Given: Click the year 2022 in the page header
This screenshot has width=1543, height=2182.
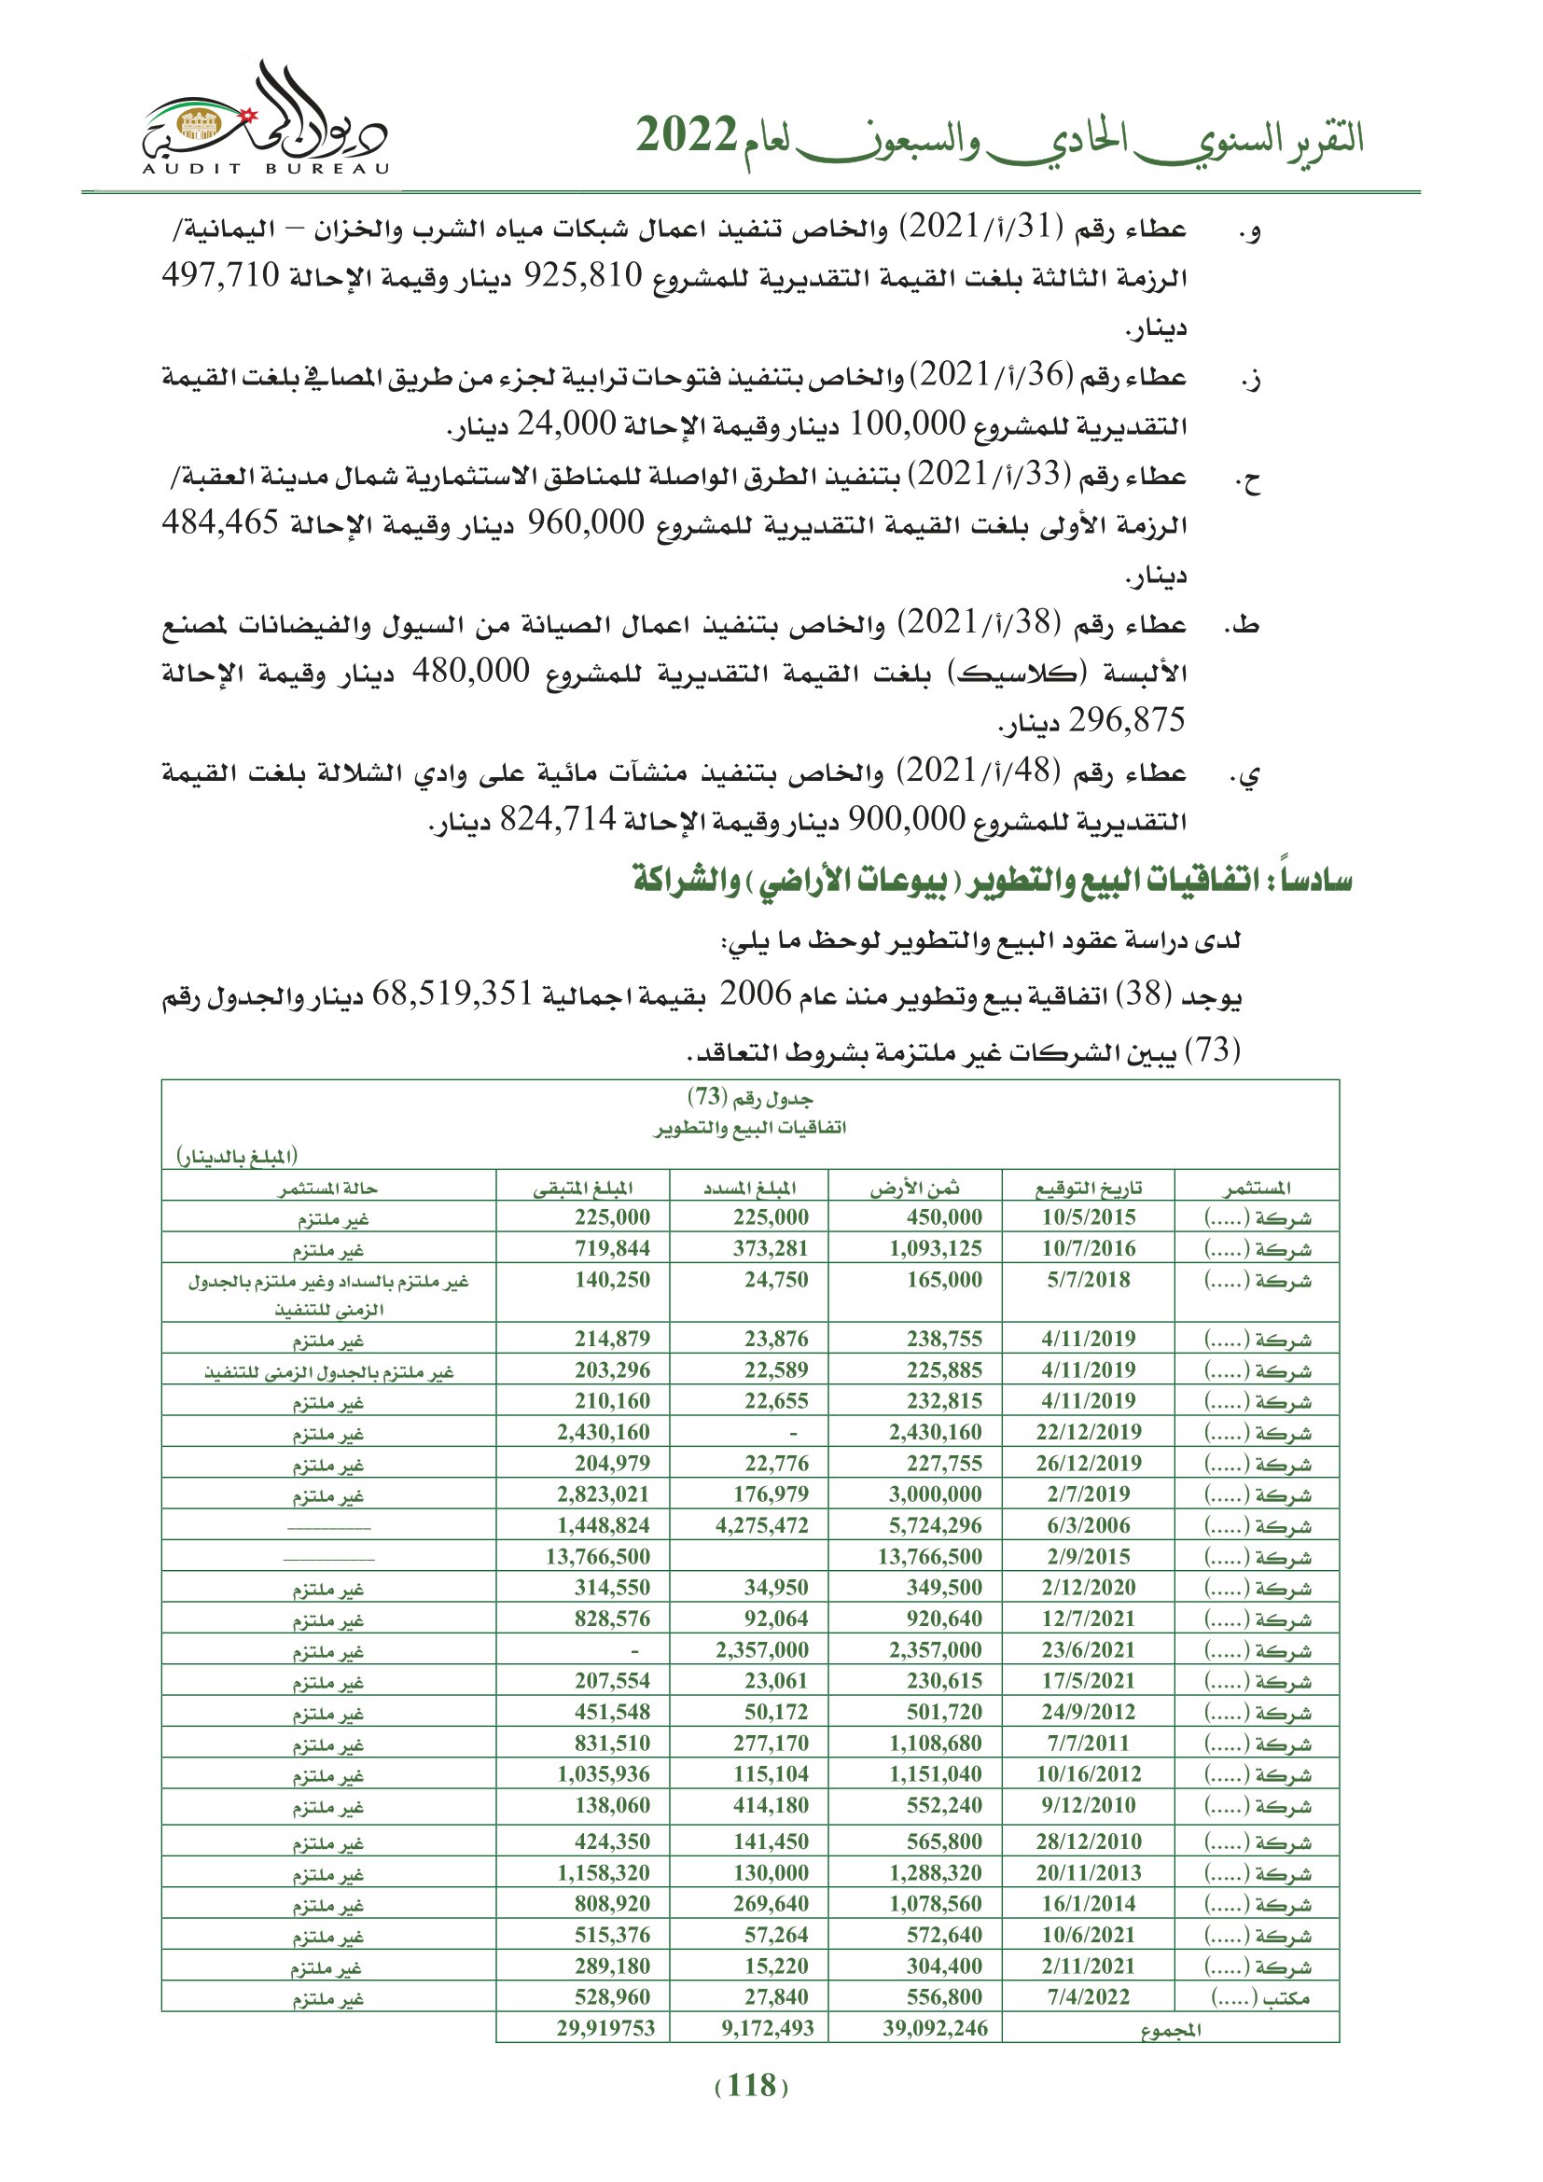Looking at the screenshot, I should pyautogui.click(x=686, y=136).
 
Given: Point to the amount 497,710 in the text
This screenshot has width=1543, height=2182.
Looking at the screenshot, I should pyautogui.click(x=220, y=275).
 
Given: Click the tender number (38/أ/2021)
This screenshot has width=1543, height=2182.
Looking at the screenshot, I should pyautogui.click(x=980, y=623).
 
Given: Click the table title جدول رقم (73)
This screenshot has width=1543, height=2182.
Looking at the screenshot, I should pyautogui.click(x=750, y=1098).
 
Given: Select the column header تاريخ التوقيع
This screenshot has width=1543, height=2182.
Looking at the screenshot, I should pyautogui.click(x=1088, y=1187).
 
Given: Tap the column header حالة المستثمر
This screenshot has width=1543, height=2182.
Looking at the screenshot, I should pyautogui.click(x=327, y=1187).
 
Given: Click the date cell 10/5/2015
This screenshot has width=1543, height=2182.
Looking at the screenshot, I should pyautogui.click(x=1088, y=1217).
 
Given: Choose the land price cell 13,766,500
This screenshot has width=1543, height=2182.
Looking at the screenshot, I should pyautogui.click(x=929, y=1557).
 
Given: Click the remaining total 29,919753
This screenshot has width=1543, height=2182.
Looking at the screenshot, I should pyautogui.click(x=605, y=2027).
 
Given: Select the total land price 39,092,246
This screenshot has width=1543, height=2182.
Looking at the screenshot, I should pyautogui.click(x=935, y=2027).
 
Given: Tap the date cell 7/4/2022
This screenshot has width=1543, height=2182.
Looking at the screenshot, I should pyautogui.click(x=1088, y=1995).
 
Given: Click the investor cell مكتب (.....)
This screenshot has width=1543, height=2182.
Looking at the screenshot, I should pyautogui.click(x=1259, y=1996).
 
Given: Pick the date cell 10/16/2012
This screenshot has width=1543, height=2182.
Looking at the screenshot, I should pyautogui.click(x=1088, y=1774).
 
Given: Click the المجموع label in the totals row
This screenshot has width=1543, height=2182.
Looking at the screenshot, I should pyautogui.click(x=1171, y=2029).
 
